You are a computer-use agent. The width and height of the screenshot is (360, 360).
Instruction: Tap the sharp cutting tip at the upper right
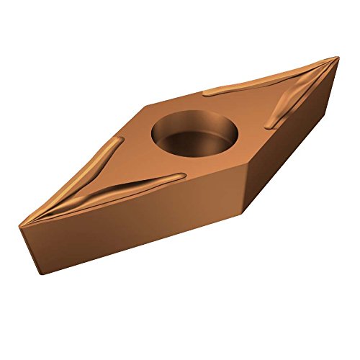336,58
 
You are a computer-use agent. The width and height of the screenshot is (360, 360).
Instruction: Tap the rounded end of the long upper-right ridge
206,92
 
